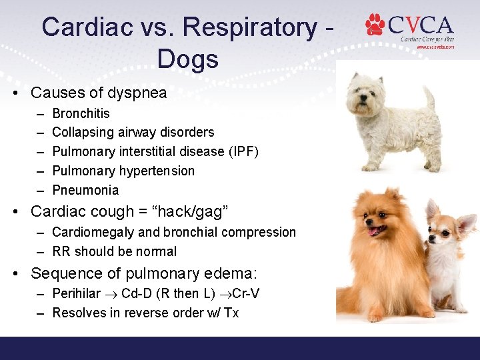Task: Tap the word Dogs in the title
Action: tap(187, 59)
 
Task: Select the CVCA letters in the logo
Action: tap(420, 25)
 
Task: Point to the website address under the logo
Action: tap(435, 47)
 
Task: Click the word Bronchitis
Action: tap(81, 113)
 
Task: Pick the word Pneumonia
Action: tap(85, 190)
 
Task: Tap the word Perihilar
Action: tap(76, 293)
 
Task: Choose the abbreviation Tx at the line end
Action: tap(231, 313)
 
